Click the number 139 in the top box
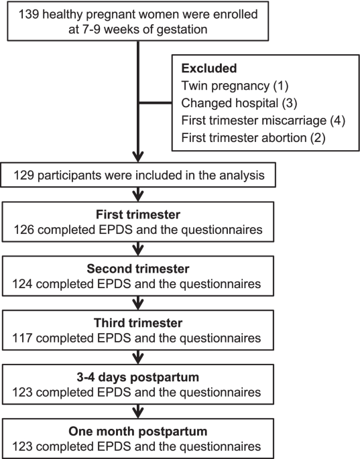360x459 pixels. [29, 14]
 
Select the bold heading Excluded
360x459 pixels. [209, 68]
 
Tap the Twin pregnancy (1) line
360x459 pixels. [235, 86]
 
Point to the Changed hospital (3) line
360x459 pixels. [239, 103]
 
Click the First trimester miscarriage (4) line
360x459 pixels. [263, 121]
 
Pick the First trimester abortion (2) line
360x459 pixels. [253, 138]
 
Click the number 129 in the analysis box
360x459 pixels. [23, 176]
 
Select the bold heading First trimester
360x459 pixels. [138, 214]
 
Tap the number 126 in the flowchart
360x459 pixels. [24, 230]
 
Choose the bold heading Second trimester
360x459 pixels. [138, 269]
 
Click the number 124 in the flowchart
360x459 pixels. [22, 284]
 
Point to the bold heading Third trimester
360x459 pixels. [138, 323]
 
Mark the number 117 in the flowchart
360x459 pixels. [22, 338]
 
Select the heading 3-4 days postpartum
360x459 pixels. [138, 377]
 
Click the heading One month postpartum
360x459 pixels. [138, 432]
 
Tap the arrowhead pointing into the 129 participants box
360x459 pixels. [138, 157]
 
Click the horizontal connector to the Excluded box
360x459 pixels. [156, 103]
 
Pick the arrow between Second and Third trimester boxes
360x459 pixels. [138, 303]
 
